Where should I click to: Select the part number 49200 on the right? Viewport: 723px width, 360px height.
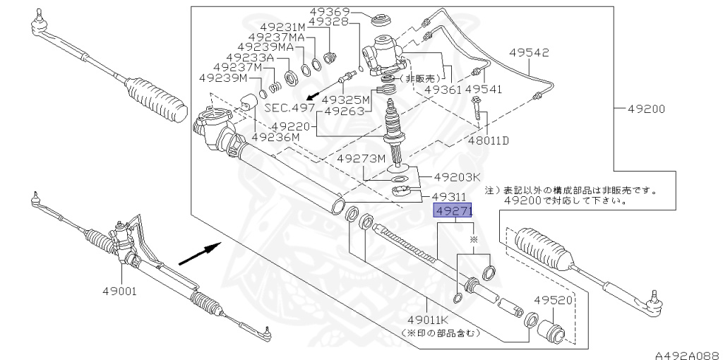click(x=645, y=109)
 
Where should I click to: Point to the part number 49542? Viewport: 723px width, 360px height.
click(x=530, y=52)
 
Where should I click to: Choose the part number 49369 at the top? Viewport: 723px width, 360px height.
click(x=329, y=11)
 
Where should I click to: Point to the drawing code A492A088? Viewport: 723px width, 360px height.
click(x=685, y=355)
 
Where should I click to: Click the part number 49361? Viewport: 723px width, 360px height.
click(x=443, y=90)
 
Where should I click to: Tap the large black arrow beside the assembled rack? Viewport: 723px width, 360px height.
click(x=199, y=251)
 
